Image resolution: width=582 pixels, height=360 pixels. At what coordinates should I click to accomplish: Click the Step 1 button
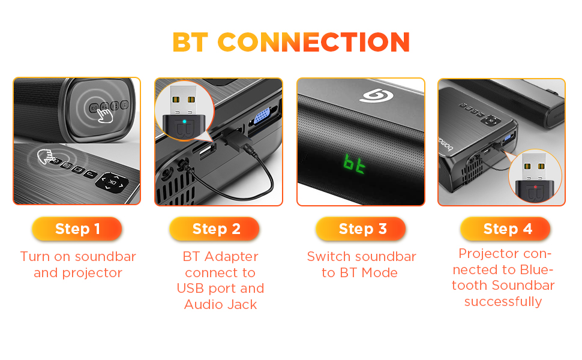point(77,229)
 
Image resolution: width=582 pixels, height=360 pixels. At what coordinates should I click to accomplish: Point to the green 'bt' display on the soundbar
point(355,163)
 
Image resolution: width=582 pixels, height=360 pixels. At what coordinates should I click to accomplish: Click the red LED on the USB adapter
point(535,187)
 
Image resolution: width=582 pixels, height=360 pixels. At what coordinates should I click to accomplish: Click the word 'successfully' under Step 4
point(503,302)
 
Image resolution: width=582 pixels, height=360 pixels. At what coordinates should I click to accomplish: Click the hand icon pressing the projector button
point(44,158)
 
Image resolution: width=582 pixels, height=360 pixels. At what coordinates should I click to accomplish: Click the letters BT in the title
point(191,43)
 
